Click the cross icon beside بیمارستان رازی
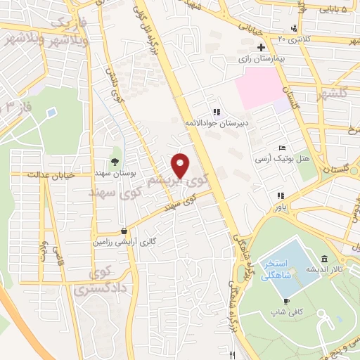click(261, 47)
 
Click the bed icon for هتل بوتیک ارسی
click(282, 148)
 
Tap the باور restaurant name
click(281, 207)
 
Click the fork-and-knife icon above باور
click(281, 196)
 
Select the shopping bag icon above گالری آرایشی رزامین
click(124, 230)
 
